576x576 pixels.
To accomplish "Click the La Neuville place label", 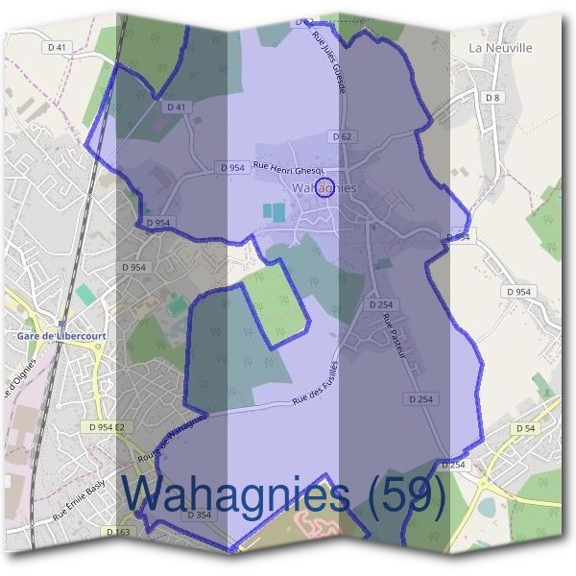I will [x=500, y=47].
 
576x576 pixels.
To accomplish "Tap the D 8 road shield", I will [x=492, y=98].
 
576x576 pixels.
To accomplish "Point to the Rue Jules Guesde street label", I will [x=327, y=60].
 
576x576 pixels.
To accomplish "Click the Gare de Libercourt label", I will [x=61, y=336].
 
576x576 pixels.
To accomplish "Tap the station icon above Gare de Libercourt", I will [x=61, y=324].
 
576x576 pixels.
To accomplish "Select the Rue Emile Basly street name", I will [x=77, y=499].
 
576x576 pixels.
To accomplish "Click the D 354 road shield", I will [x=199, y=516].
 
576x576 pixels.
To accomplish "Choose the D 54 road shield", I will [x=524, y=428].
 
